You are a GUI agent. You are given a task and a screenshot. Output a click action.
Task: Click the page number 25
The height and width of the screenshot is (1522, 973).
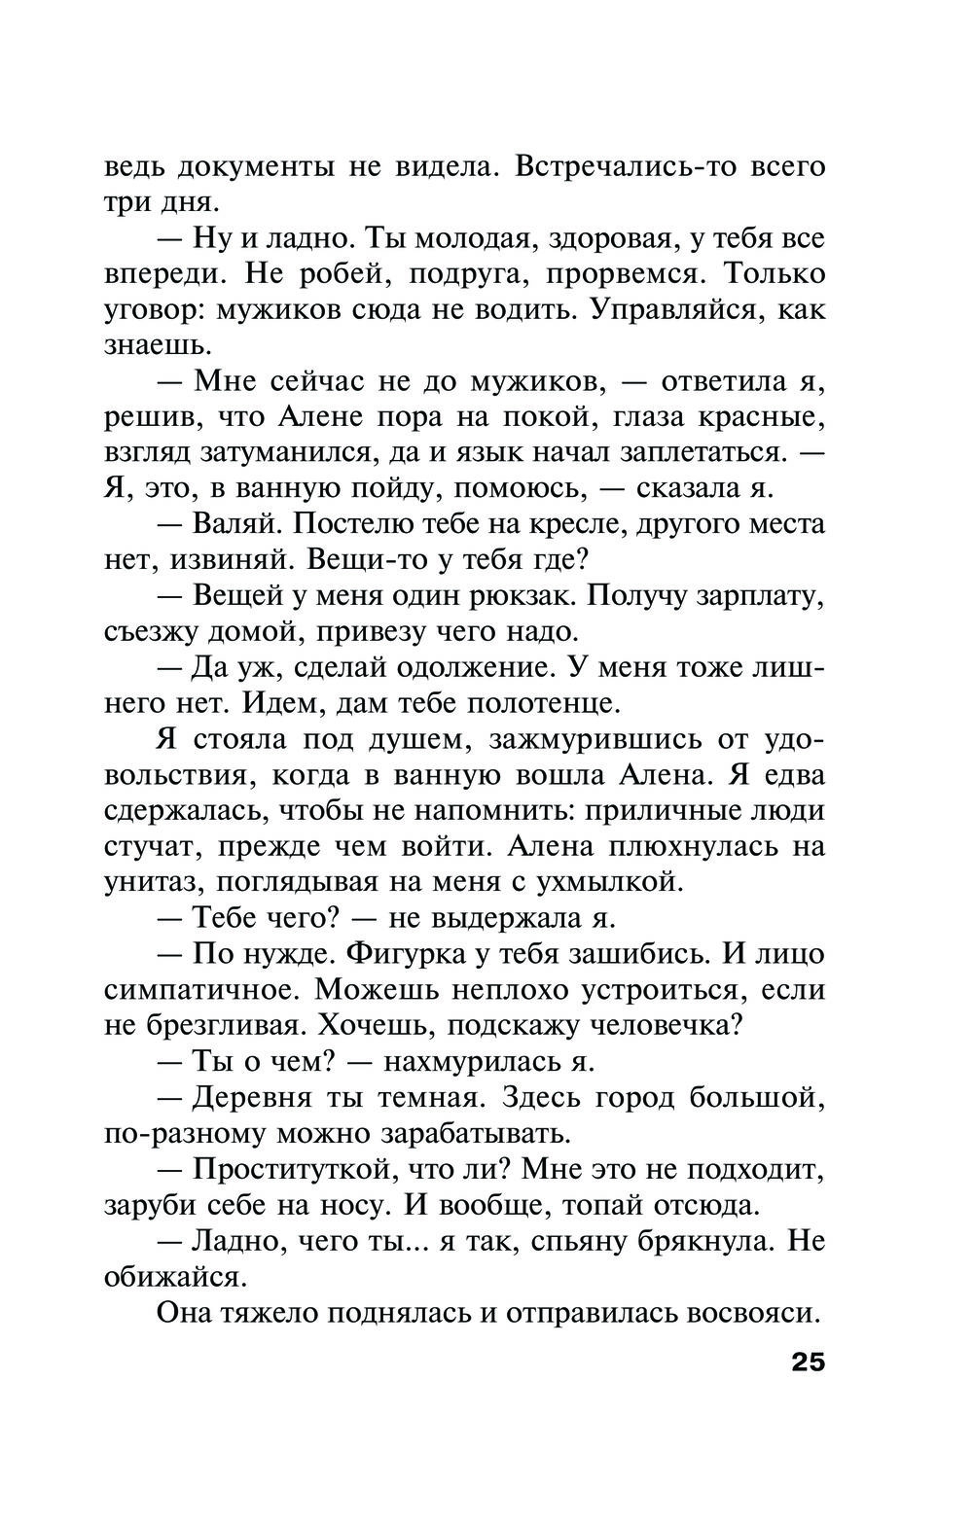(x=808, y=1361)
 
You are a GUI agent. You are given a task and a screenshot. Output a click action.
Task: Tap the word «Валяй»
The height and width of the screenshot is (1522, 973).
(x=237, y=523)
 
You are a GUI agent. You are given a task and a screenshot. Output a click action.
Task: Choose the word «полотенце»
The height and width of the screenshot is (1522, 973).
(x=544, y=702)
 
